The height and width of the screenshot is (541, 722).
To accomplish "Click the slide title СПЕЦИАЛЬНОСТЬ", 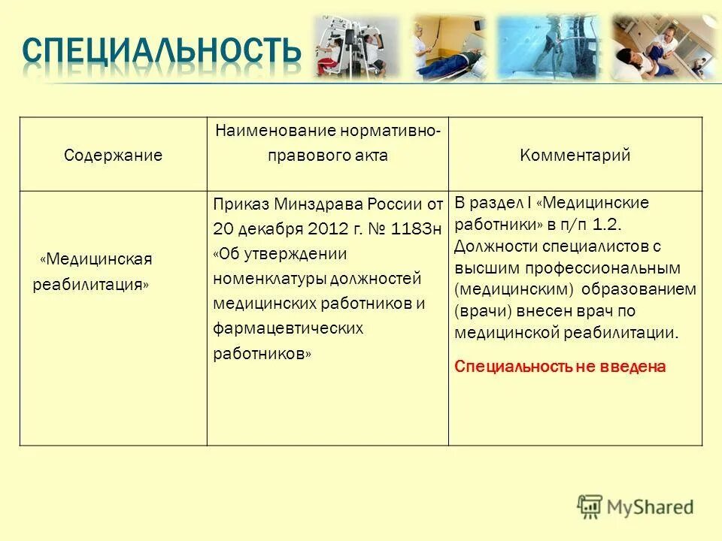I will pyautogui.click(x=161, y=50).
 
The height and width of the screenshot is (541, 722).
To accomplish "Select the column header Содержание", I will pyautogui.click(x=113, y=156).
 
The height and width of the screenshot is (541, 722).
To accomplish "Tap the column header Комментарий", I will pyautogui.click(x=575, y=156).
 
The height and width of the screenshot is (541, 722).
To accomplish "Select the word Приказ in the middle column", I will pyautogui.click(x=240, y=204).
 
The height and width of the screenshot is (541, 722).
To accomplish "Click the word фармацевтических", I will pyautogui.click(x=288, y=328).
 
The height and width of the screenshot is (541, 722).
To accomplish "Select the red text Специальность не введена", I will pyautogui.click(x=560, y=367).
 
